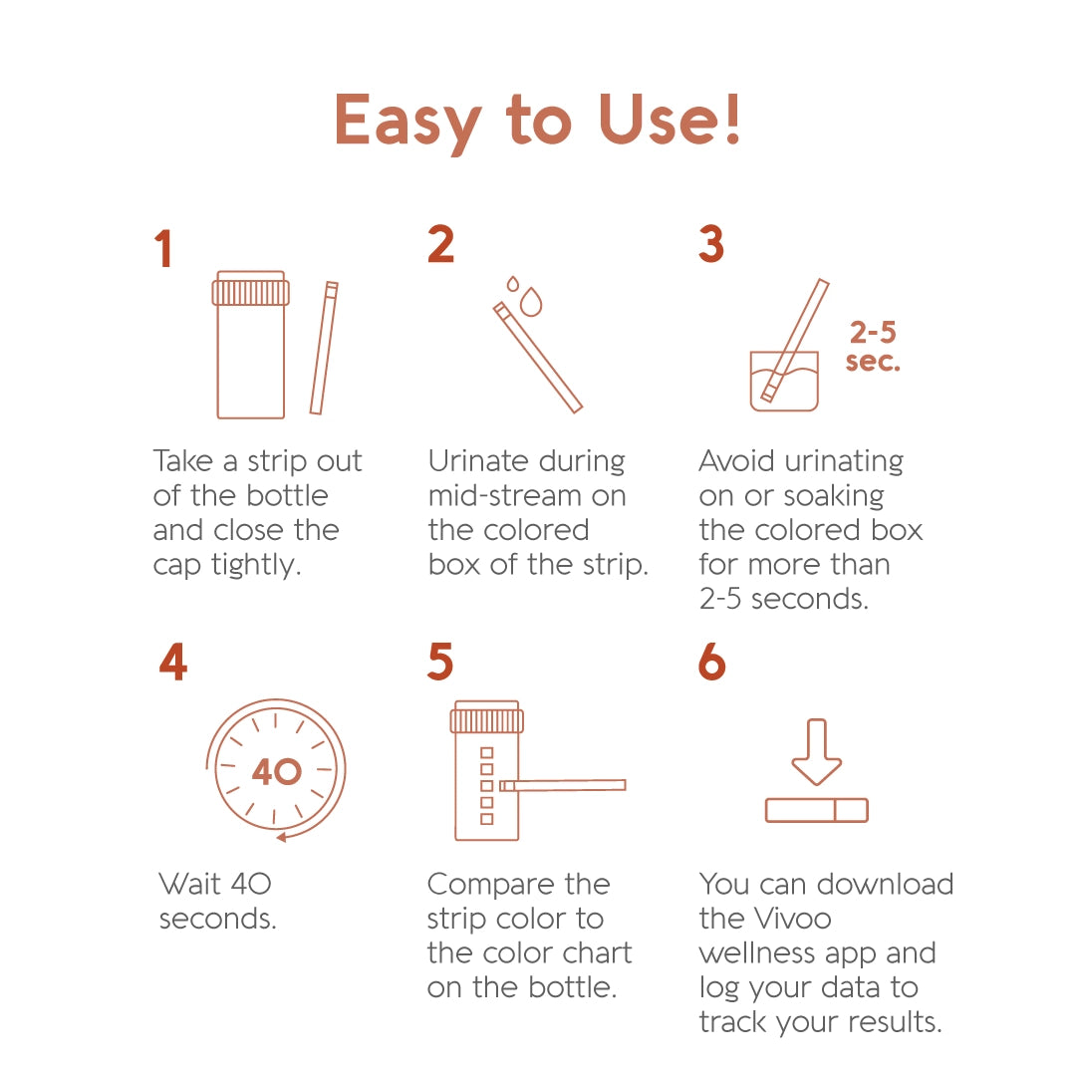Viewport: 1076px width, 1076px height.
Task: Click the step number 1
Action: pos(163,249)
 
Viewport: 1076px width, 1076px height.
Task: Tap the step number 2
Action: pos(440,245)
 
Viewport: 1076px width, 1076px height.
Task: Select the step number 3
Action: pos(711,245)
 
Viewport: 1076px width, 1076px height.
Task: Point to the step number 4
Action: pos(173,663)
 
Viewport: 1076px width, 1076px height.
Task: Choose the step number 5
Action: pos(440,663)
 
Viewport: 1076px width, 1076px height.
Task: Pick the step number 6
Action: pos(712,663)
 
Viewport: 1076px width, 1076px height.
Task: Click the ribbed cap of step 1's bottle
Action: pos(251,292)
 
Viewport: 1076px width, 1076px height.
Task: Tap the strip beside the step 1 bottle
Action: pos(324,349)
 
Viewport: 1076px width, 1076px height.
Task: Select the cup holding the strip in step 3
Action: pos(784,383)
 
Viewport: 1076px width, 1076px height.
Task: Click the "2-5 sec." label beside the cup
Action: pos(873,346)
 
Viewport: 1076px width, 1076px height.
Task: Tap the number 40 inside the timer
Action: pos(277,772)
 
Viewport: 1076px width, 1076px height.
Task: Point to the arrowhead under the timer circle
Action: pos(282,837)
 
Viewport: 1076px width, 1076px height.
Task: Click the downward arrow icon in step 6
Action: pos(817,752)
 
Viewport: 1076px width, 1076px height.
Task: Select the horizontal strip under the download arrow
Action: pos(817,810)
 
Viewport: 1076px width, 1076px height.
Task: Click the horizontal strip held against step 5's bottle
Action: pos(564,785)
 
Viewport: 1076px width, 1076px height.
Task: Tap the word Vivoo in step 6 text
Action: pos(787,918)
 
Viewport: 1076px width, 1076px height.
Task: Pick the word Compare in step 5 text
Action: pos(483,885)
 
